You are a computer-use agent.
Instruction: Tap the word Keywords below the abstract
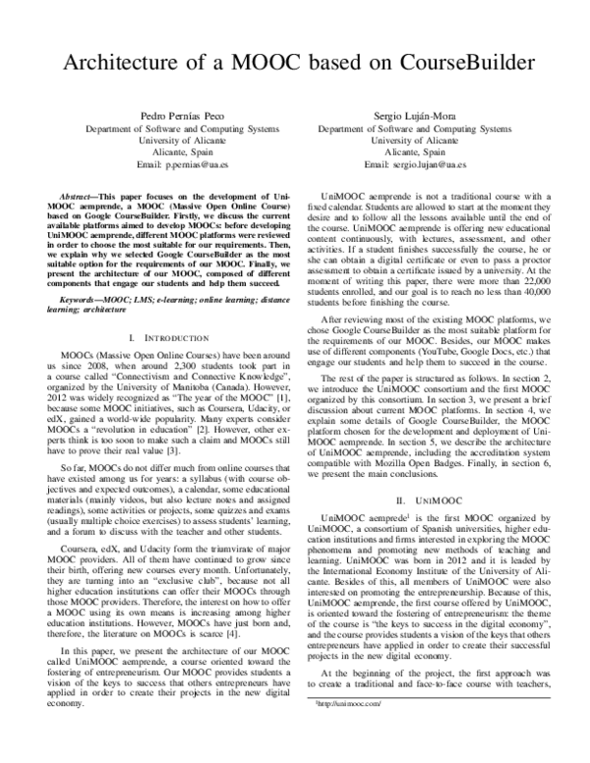click(83, 296)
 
